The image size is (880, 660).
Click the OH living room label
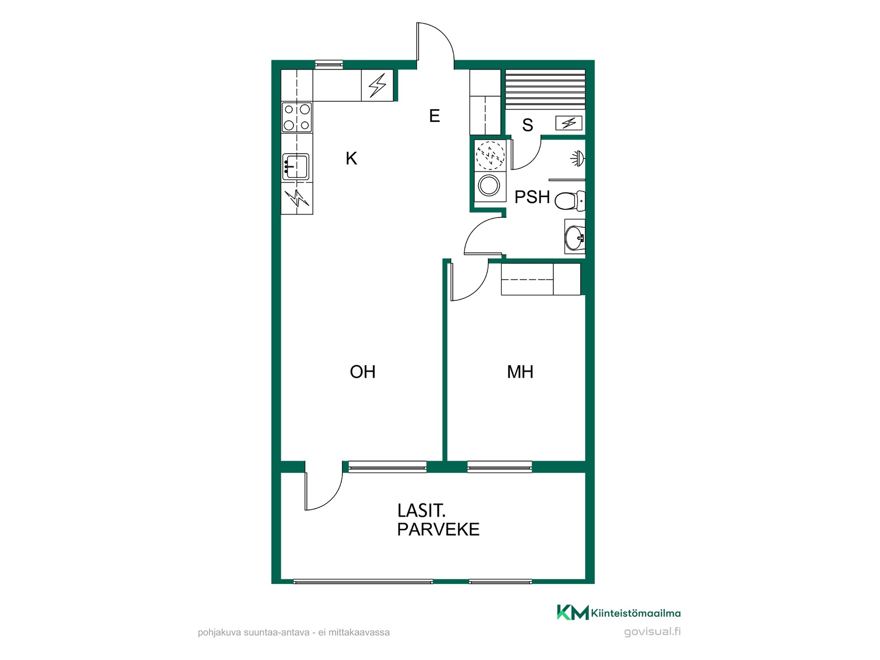click(363, 372)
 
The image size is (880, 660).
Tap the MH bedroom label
click(520, 372)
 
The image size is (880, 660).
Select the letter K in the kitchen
click(352, 159)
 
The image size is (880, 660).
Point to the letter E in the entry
click(434, 116)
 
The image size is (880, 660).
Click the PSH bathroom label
click(532, 197)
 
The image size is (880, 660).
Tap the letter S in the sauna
click(528, 125)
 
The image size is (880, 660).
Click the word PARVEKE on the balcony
click(438, 529)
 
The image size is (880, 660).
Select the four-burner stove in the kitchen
click(297, 117)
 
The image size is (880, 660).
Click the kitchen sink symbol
click(296, 166)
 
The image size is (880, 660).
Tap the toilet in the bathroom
click(570, 201)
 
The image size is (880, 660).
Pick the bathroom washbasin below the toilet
click(575, 236)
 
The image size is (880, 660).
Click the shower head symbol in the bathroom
click(578, 159)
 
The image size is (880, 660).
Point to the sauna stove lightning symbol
click(569, 123)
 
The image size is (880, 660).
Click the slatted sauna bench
click(545, 89)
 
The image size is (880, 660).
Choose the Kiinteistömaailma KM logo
click(573, 612)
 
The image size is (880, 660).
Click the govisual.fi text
click(652, 632)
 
